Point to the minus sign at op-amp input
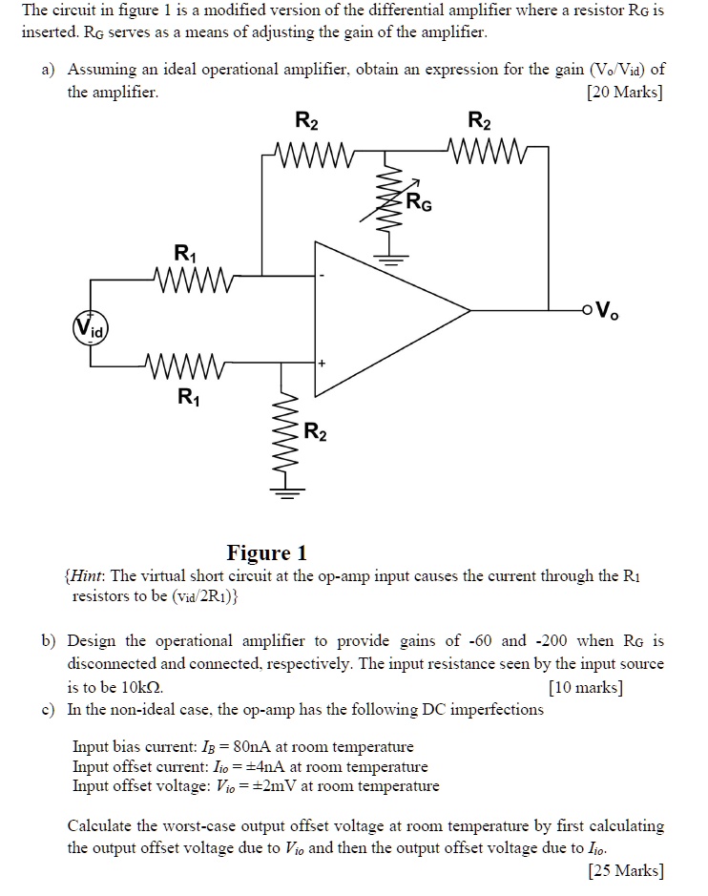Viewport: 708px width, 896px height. (x=322, y=276)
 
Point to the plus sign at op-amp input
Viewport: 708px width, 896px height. (x=323, y=364)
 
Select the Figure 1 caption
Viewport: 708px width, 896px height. (x=266, y=552)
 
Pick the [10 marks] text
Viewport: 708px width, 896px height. (x=586, y=686)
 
